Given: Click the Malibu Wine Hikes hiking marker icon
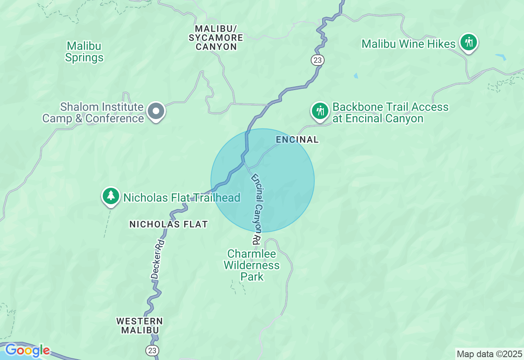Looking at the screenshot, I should pos(469,42).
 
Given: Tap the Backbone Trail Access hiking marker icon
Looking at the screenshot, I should pos(320,111).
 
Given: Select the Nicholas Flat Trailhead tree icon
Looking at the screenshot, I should pos(111,196).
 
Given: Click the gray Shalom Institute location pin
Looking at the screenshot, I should pos(156,111).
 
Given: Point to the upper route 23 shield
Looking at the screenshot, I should pos(317,60).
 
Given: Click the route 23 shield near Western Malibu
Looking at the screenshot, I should pos(152,350).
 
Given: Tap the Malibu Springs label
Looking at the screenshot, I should pos(84,52).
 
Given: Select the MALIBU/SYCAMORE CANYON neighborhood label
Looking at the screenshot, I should pos(216,38).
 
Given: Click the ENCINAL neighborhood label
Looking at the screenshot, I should pos(297,139).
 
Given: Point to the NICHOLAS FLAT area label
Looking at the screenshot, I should pos(169,224).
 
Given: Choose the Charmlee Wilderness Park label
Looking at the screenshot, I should pos(252,265).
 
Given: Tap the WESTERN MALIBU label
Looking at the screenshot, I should pos(140,325).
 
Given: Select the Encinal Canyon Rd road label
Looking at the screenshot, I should pos(256,207).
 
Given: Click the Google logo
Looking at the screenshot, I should pos(27,351).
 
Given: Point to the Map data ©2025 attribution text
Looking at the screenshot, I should pos(489,354).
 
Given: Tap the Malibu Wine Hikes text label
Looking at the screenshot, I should pos(408,44).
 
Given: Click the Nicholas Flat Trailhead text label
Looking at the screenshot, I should pos(182,198).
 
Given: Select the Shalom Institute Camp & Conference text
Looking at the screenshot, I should pos(93,113).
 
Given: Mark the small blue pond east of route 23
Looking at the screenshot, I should pos(356,76).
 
